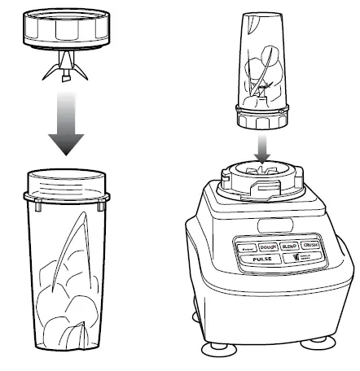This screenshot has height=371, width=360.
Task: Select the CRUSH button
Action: [310, 245]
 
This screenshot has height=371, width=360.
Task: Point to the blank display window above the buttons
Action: [271, 224]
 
